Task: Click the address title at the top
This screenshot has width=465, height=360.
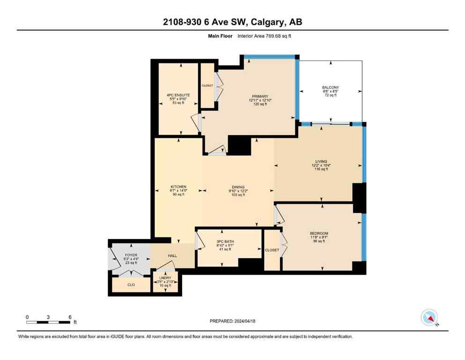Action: coord(232,22)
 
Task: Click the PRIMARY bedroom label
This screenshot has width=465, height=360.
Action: coord(258,97)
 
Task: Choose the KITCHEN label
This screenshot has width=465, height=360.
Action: coord(178,187)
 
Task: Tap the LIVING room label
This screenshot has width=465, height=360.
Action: coord(321,162)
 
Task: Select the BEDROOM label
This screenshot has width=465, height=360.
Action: coord(319,233)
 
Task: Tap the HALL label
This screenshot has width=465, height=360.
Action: coord(173,256)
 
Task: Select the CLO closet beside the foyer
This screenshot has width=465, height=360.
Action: coord(131,284)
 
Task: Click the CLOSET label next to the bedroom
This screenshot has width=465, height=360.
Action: coord(272,250)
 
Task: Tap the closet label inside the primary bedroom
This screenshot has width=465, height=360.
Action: coord(207,86)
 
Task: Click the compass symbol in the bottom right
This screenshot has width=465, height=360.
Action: coord(429,318)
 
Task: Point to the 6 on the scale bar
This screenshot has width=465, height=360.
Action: coord(70,317)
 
